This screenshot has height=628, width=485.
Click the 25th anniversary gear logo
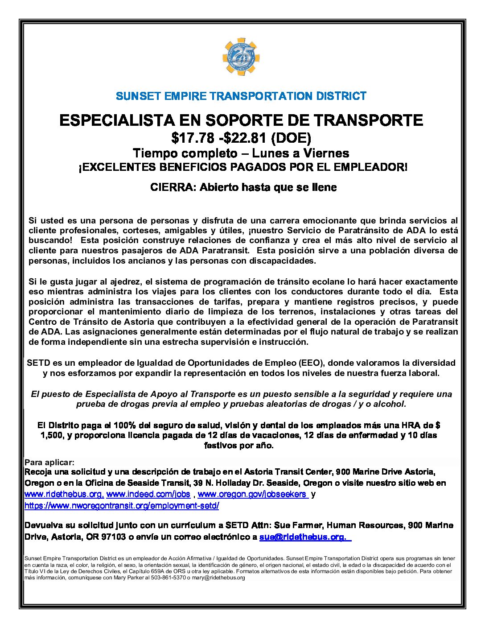pos(241,57)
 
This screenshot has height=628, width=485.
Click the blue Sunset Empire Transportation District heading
pos(241,96)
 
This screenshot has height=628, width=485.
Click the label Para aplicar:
pos(49,463)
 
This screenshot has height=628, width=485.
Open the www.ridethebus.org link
pos(64,494)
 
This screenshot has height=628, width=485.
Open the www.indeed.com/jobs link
pos(148,494)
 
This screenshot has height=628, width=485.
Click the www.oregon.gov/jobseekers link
pos(252,494)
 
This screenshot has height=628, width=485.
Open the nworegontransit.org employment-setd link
pos(122,506)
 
